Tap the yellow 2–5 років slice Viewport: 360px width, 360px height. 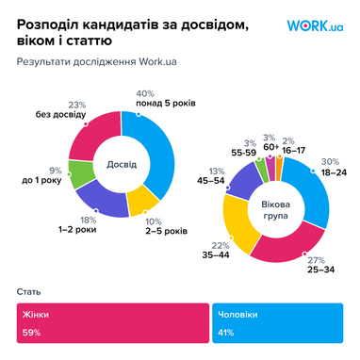click(142, 199)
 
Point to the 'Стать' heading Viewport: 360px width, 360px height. click(28, 293)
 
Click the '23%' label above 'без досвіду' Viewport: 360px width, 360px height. click(78, 105)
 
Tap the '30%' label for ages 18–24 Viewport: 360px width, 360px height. click(328, 160)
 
